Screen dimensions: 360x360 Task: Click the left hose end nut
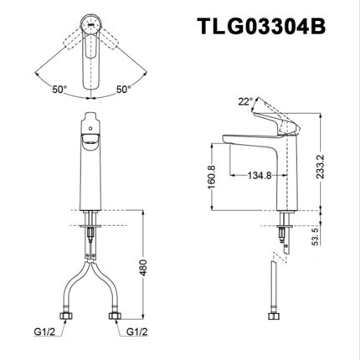click(64, 317)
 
